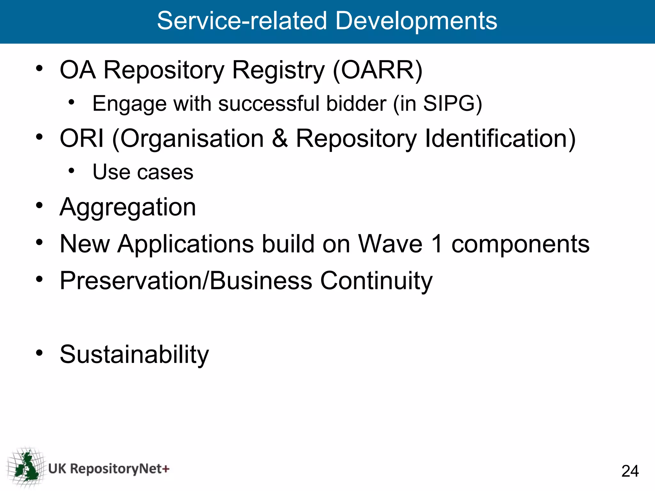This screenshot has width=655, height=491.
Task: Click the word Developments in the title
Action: (x=416, y=21)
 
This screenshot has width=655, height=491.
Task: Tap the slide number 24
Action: (x=630, y=471)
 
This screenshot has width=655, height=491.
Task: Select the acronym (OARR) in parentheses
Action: (x=377, y=70)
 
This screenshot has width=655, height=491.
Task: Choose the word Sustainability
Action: (x=134, y=355)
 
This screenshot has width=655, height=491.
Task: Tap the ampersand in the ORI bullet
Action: (x=280, y=138)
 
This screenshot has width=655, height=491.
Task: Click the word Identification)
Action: (x=500, y=138)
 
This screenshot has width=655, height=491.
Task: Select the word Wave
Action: (x=390, y=244)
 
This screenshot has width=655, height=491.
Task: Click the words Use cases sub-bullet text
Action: (x=143, y=172)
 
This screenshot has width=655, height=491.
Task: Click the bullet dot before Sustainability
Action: (x=39, y=353)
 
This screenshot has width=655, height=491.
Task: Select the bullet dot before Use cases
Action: (x=71, y=171)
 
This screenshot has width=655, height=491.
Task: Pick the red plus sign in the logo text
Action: (x=166, y=469)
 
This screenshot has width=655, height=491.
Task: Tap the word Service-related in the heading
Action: (x=242, y=21)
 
